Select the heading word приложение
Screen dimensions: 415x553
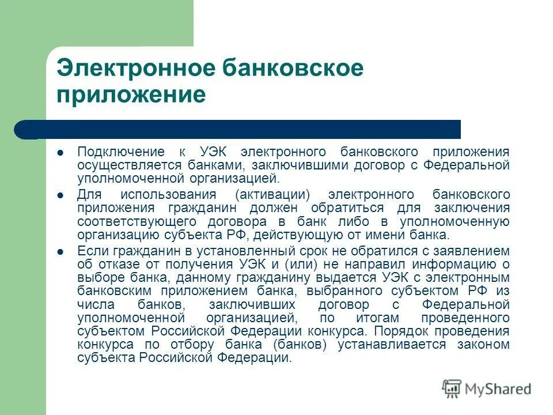131,94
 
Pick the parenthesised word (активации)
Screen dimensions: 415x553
268,194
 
